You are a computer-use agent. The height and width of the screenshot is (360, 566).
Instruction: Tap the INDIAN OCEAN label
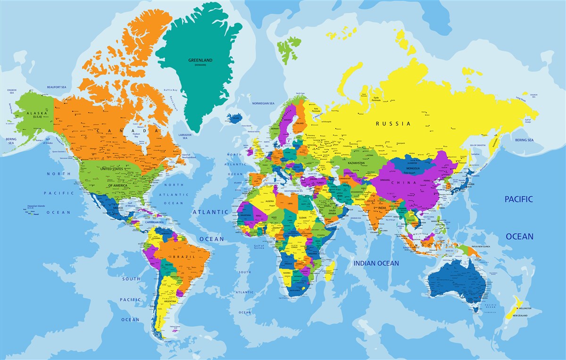[x=376, y=263]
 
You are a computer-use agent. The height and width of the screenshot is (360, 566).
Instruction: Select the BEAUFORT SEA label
[x=56, y=87]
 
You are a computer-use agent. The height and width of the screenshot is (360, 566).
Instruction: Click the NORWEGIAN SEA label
[x=263, y=103]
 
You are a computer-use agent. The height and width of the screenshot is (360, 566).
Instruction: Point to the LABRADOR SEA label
[x=185, y=136]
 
